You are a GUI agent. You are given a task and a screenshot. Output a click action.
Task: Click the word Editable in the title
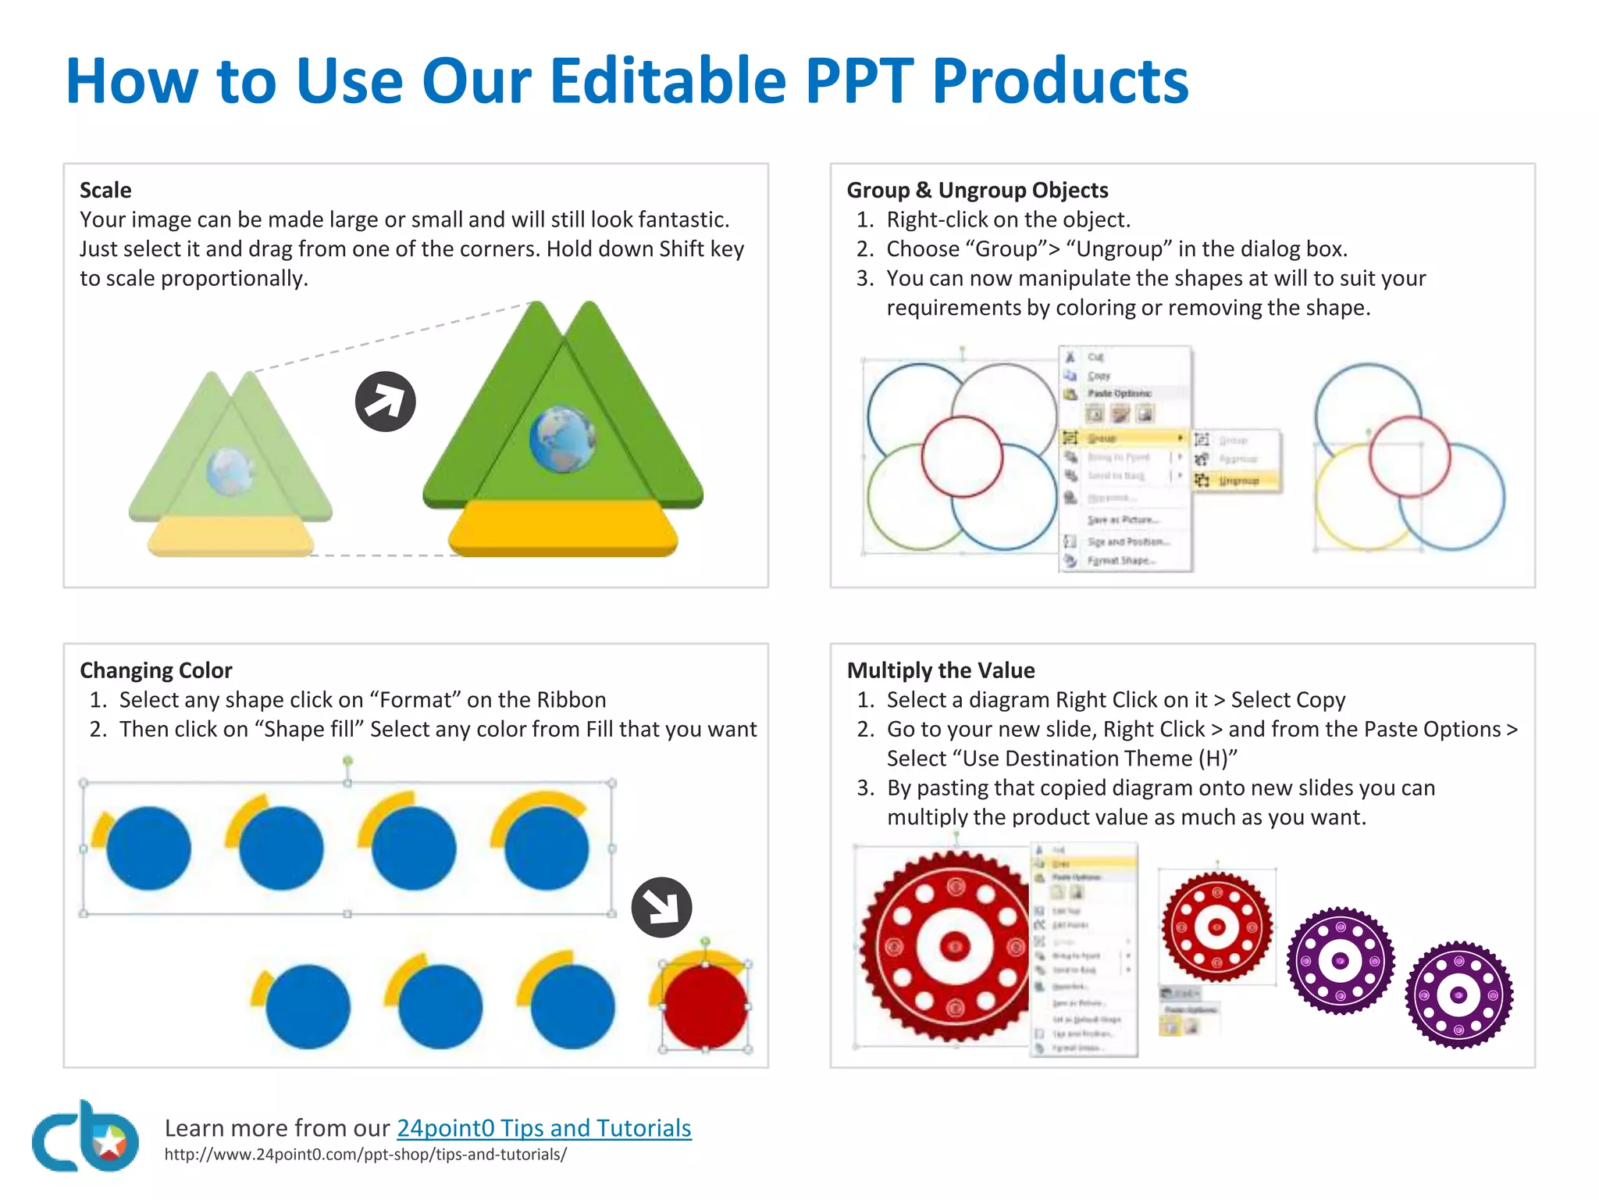tap(668, 80)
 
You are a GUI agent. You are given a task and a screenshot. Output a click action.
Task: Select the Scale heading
tap(105, 190)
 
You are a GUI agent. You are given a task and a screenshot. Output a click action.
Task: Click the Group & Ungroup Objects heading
tap(977, 190)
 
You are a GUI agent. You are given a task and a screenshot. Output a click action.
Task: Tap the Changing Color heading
tap(156, 670)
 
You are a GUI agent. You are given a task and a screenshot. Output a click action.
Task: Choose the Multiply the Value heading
tap(940, 670)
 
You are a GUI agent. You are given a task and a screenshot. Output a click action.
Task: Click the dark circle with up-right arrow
tap(385, 402)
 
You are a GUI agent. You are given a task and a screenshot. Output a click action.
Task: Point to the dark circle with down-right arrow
tap(661, 907)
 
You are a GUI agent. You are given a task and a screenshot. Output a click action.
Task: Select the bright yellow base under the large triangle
tap(562, 529)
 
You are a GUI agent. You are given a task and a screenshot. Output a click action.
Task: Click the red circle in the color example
tap(704, 1006)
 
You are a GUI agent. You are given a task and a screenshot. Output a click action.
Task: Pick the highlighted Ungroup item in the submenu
tap(1238, 480)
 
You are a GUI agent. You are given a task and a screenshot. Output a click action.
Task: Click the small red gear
tap(1216, 927)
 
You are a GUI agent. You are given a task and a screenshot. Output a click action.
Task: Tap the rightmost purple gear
tap(1458, 995)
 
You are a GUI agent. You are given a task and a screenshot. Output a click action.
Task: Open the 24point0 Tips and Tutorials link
tap(543, 1127)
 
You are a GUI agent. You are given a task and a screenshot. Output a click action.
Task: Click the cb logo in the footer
tap(84, 1137)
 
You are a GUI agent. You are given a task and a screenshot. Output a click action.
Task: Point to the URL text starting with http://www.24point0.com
tap(365, 1155)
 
